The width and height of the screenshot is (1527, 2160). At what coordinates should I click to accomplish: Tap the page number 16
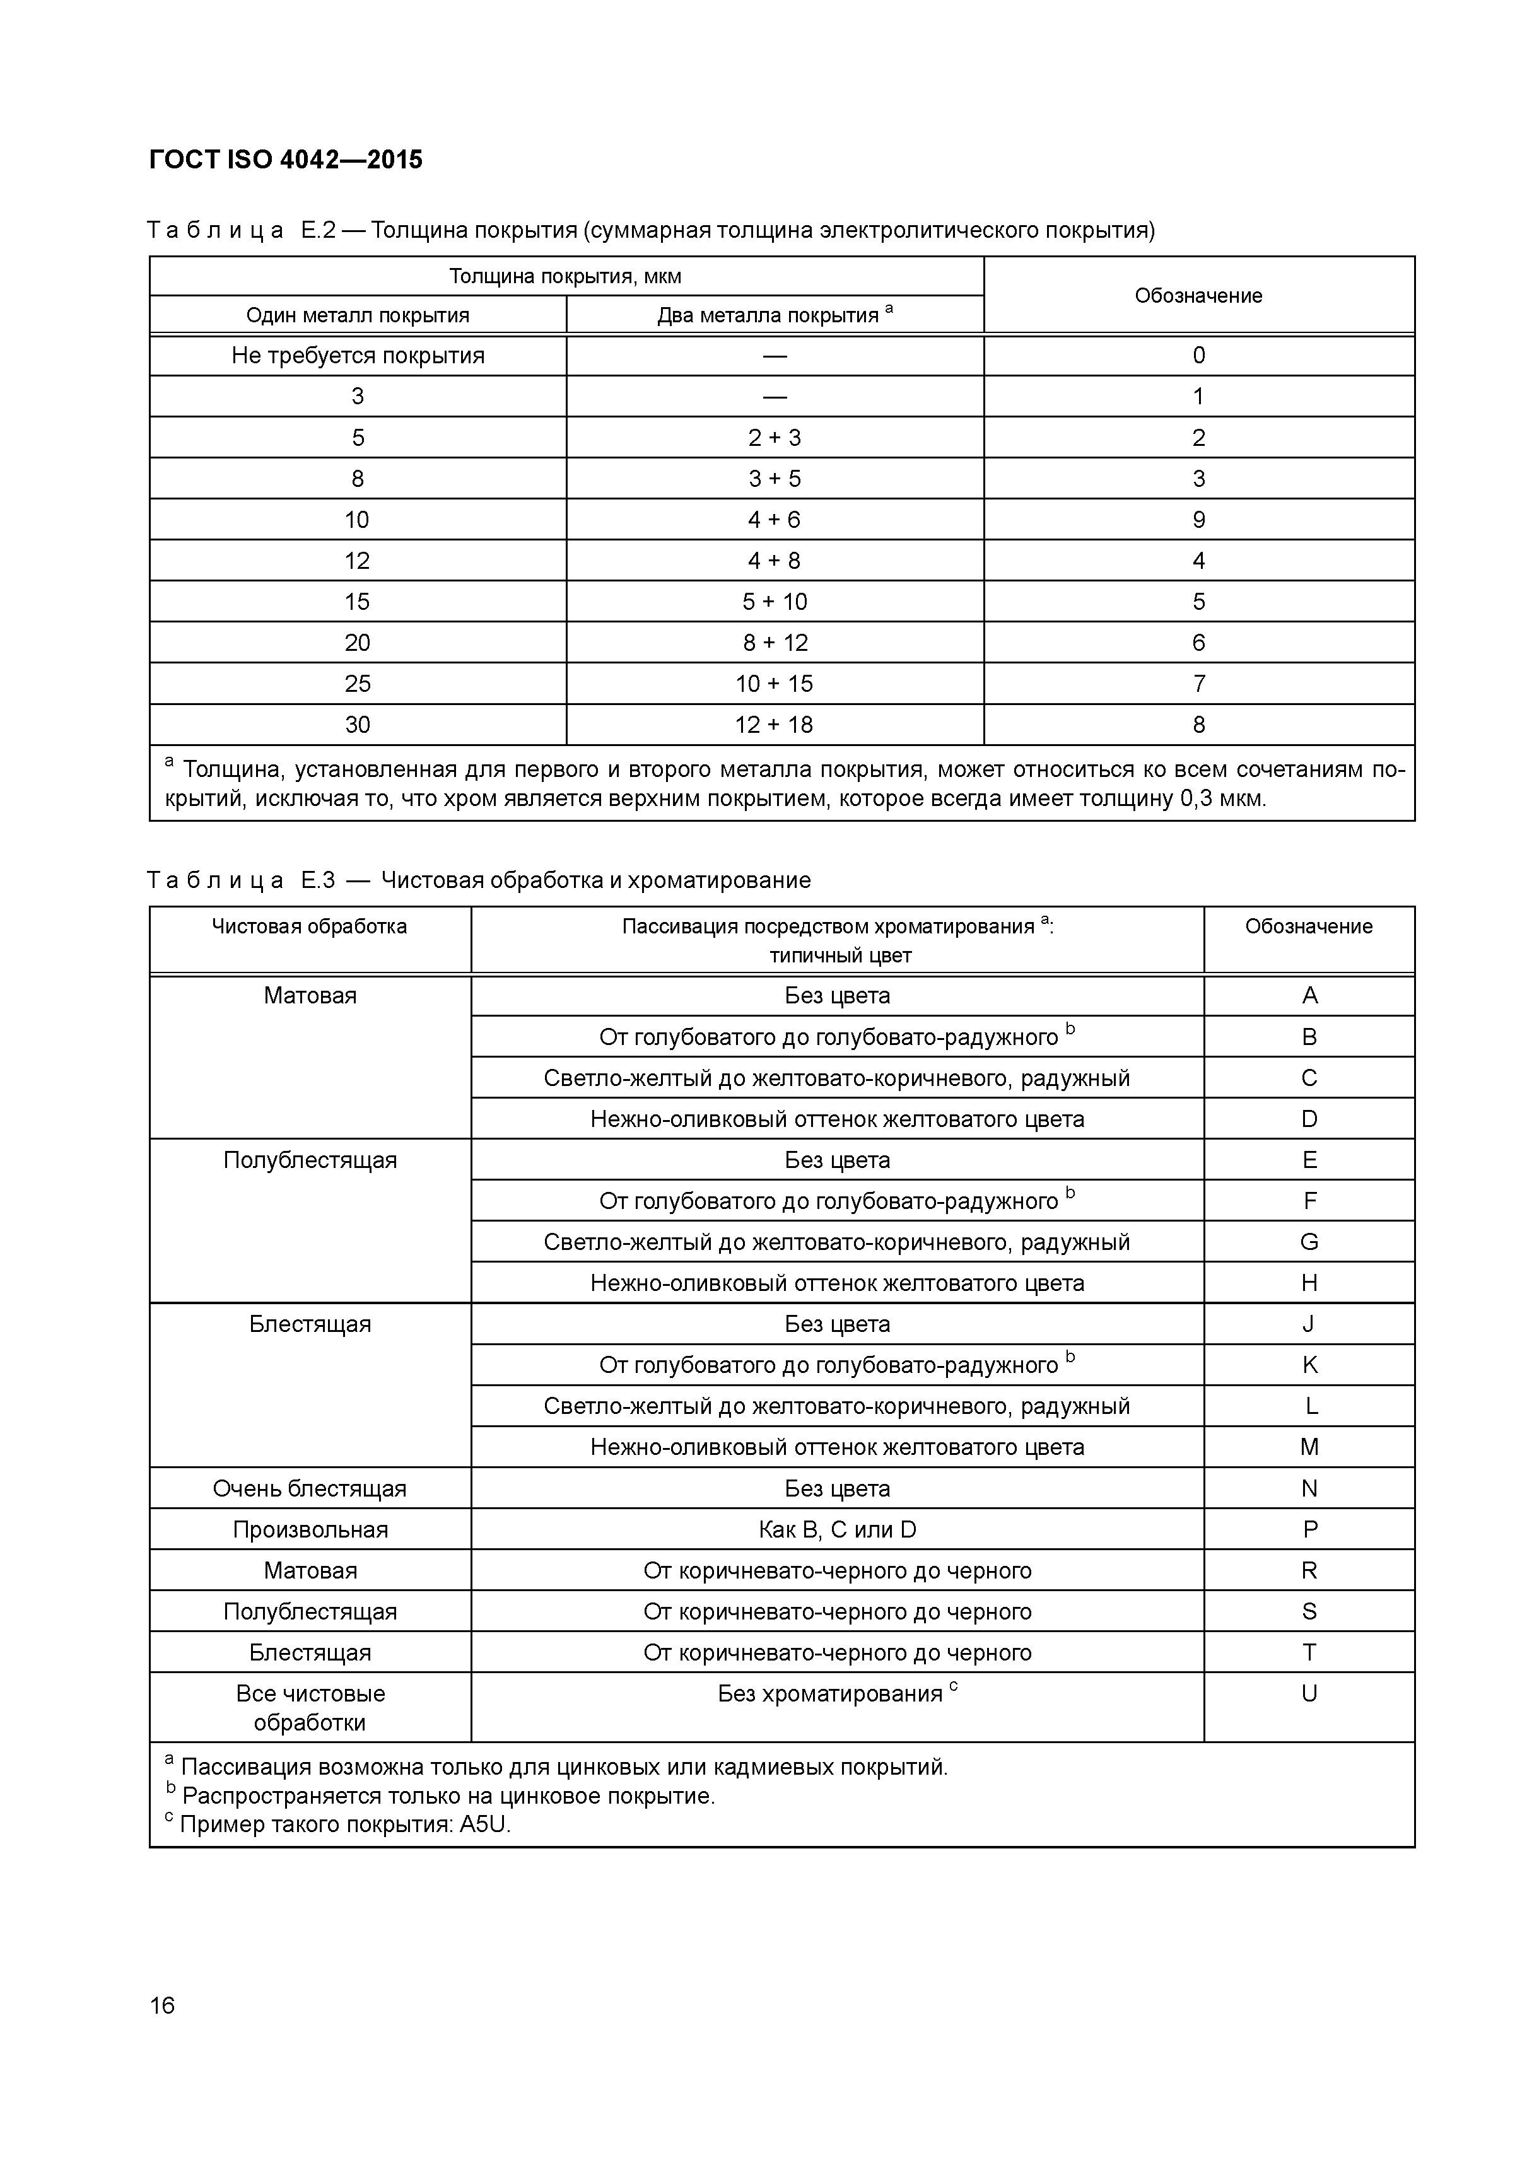[x=162, y=2005]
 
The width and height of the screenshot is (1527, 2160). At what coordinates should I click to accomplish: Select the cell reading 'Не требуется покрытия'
[x=358, y=356]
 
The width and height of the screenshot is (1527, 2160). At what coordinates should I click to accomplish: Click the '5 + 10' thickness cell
[x=775, y=602]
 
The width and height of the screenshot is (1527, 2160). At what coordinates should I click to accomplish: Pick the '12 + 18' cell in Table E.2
[x=775, y=725]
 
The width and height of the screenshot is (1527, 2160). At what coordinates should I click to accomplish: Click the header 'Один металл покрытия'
[x=358, y=315]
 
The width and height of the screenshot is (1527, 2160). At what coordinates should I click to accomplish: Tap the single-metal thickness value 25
[x=358, y=684]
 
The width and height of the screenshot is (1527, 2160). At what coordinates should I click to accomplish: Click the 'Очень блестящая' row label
[x=310, y=1489]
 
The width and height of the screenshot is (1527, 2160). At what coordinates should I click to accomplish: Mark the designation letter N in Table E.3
[x=1309, y=1489]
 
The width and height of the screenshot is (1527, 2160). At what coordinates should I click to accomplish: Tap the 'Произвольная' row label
[x=310, y=1530]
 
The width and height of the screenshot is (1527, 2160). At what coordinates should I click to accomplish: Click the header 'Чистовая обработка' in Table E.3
[x=310, y=926]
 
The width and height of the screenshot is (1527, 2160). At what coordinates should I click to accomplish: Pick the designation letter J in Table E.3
[x=1309, y=1324]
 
